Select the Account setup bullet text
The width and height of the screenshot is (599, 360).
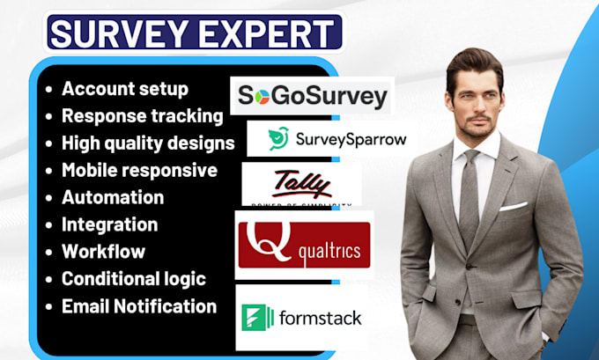[x=124, y=89]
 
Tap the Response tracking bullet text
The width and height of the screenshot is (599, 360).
[x=142, y=115]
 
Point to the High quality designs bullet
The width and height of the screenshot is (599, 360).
[x=148, y=143]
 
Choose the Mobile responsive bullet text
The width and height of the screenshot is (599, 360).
[x=139, y=170]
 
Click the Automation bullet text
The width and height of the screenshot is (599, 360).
[x=113, y=197]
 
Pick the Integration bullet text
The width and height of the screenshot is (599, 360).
[x=109, y=224]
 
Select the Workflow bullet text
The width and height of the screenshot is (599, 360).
[x=103, y=252]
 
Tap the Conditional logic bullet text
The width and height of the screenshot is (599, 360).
[x=133, y=279]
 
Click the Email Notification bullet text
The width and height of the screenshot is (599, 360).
[x=138, y=306]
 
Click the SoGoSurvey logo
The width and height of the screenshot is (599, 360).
[x=312, y=96]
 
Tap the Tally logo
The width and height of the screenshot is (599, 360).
[x=300, y=183]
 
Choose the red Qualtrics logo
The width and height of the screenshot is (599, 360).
[x=304, y=244]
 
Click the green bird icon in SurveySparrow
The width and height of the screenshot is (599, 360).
[x=278, y=138]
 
